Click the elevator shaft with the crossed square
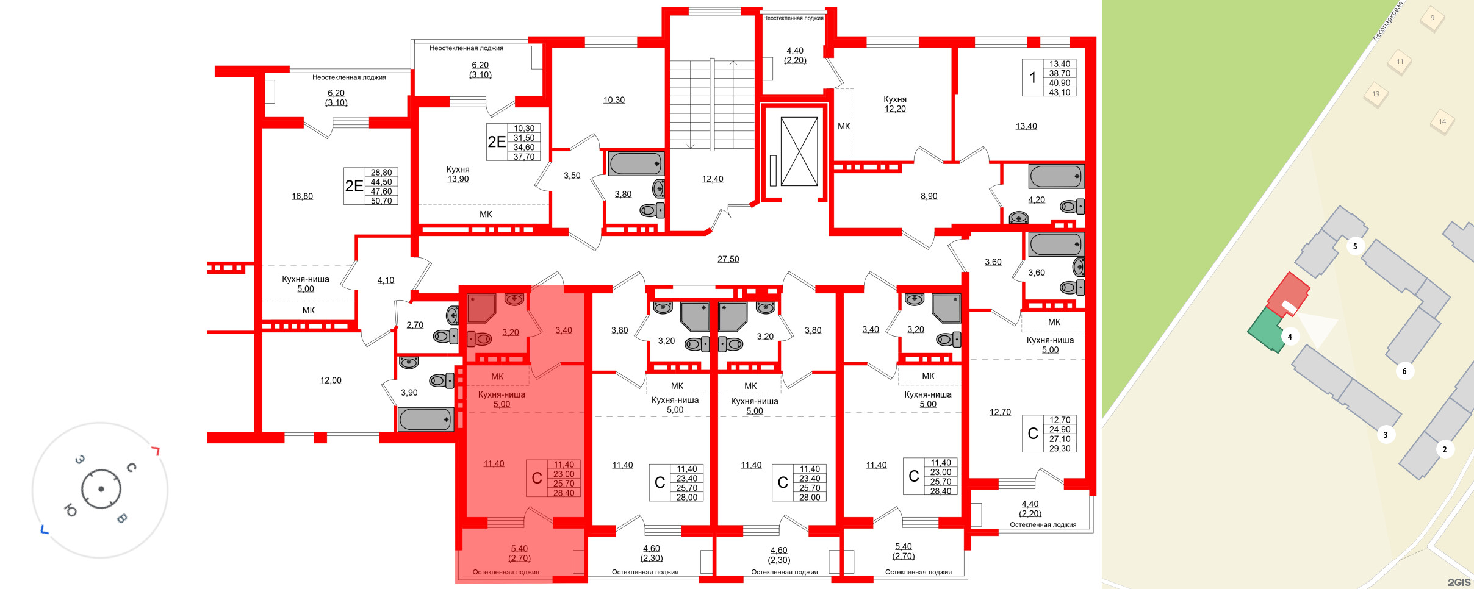[x=799, y=152]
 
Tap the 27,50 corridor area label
[x=728, y=259]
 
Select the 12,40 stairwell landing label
[x=712, y=179]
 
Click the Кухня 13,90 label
[x=458, y=174]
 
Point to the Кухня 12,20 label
[x=895, y=104]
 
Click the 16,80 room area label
[x=302, y=196]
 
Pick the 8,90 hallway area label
[x=929, y=196]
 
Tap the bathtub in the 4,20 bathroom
[x=1055, y=177]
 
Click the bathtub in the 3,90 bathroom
[x=425, y=419]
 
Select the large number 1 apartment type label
[x=1032, y=77]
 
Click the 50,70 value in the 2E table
[x=381, y=201]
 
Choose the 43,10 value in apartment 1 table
[x=1060, y=93]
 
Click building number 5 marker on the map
[x=1355, y=246]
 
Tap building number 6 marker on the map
[x=1404, y=371]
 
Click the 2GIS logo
[x=1459, y=582]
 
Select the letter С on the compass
[x=131, y=468]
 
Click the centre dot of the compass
[x=101, y=489]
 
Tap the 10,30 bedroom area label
[x=614, y=100]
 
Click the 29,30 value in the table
[x=1060, y=448]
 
